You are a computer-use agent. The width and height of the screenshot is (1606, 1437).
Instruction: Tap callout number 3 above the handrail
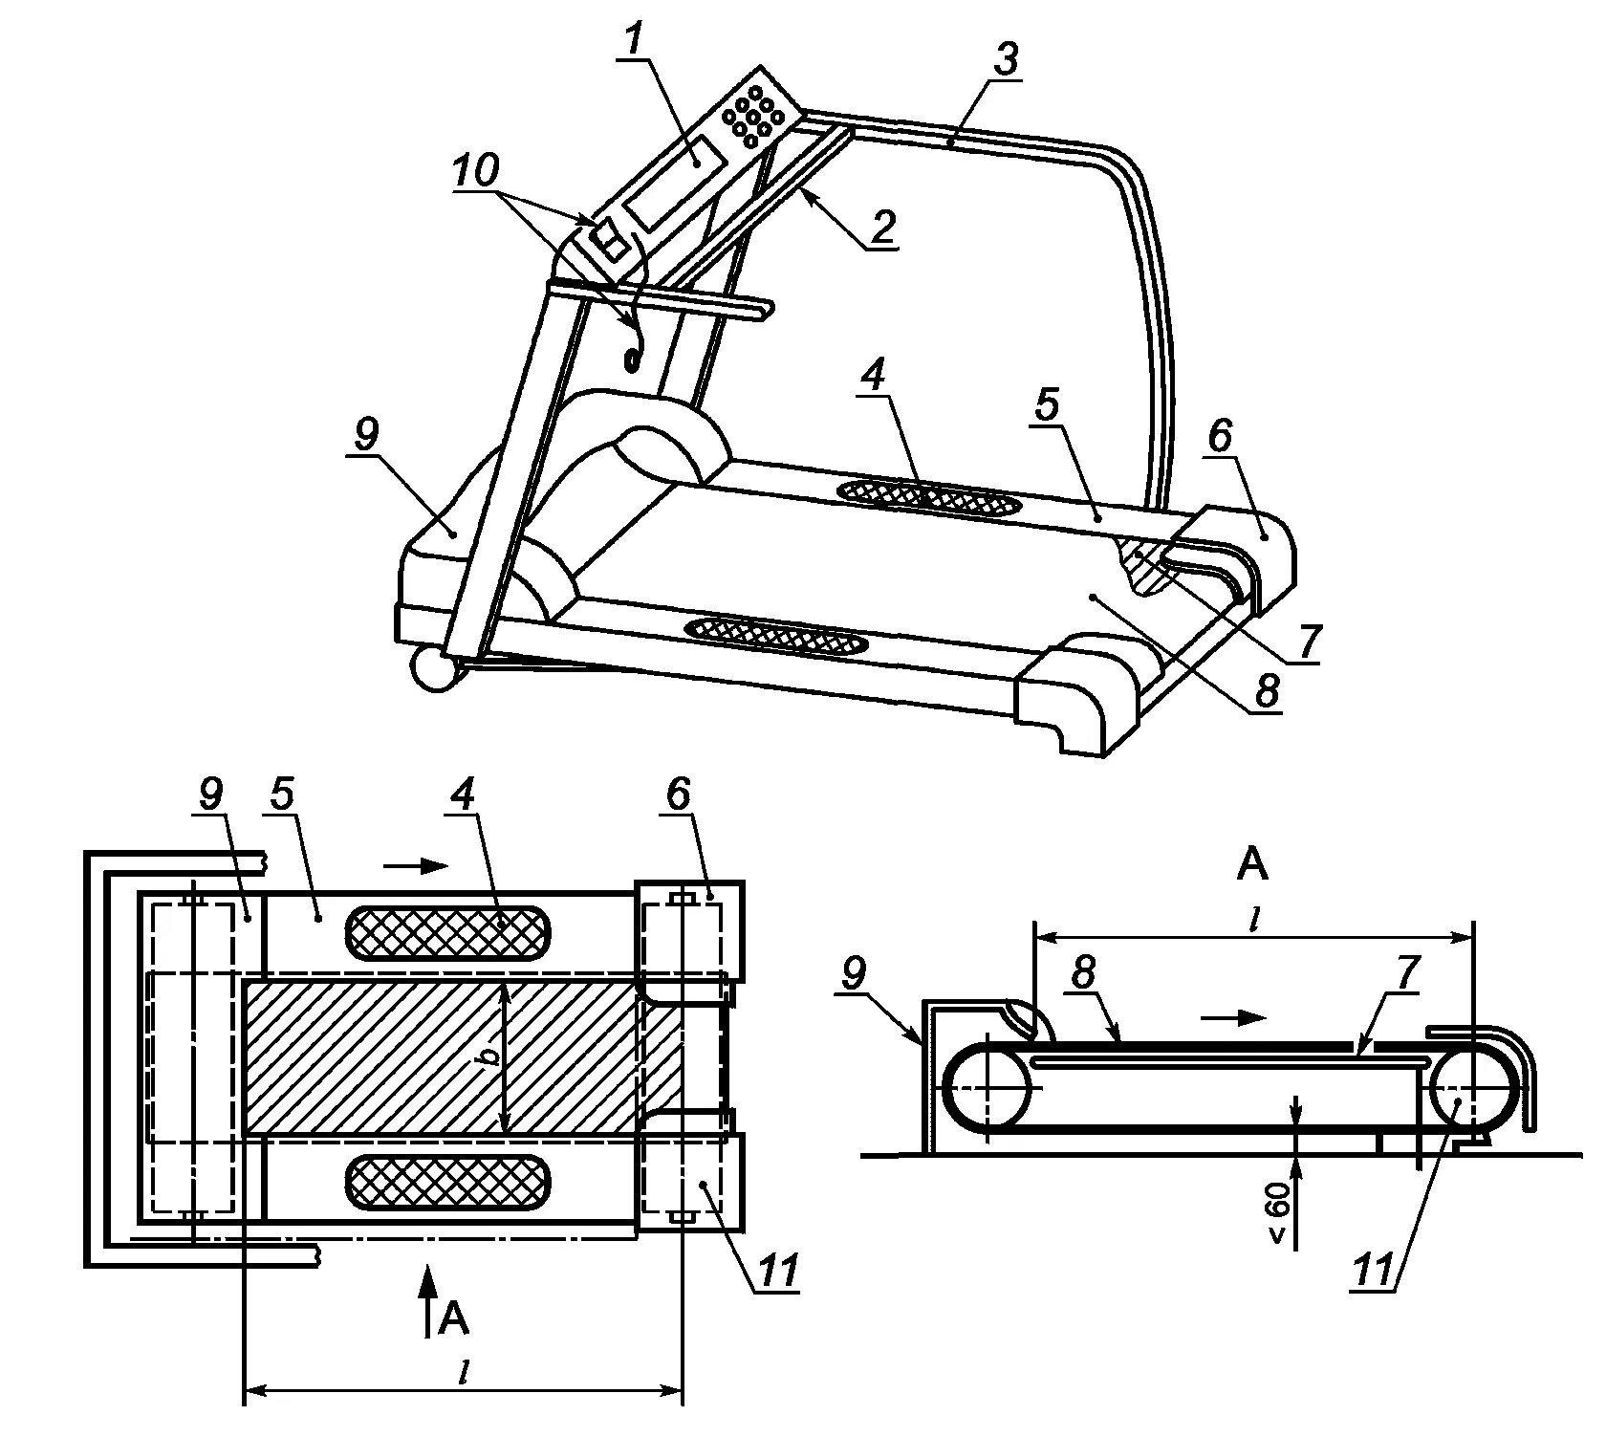1005,59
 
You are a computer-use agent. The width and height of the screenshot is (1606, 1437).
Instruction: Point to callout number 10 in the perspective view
475,172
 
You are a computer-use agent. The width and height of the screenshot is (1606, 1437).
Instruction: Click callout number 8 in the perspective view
1267,688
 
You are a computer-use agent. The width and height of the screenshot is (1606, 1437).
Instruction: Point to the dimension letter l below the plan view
465,1373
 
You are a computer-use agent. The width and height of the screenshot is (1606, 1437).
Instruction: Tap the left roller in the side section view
987,1089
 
